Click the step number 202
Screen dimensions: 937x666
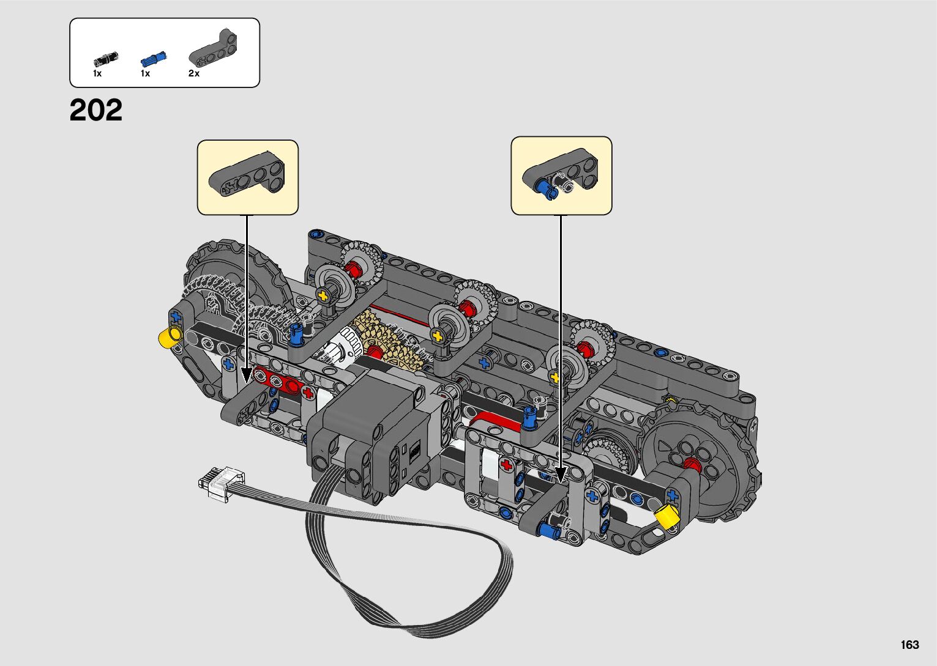tap(96, 111)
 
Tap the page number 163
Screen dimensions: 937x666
tap(909, 645)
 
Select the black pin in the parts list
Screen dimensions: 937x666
tap(105, 59)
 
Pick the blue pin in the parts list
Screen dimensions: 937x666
tap(152, 59)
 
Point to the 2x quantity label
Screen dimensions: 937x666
tap(193, 73)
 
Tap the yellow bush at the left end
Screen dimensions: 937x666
tap(170, 336)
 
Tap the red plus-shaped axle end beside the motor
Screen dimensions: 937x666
tap(506, 466)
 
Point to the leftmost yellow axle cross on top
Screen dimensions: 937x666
tap(323, 296)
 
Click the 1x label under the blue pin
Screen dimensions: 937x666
tap(145, 73)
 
